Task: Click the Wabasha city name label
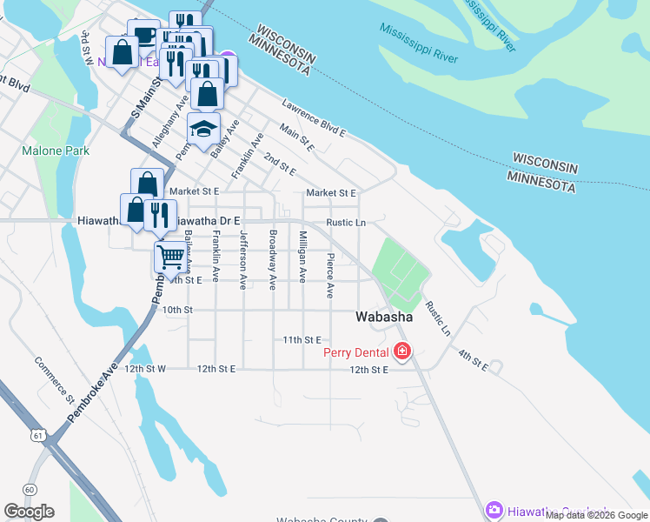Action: point(383,318)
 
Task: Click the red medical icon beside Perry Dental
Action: point(401,351)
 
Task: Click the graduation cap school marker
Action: point(203,130)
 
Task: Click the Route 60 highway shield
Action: point(30,489)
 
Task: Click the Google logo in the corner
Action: point(29,512)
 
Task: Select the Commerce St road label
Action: point(55,380)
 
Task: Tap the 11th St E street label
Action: point(302,339)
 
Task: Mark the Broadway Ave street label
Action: point(273,259)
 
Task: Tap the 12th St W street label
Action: point(144,369)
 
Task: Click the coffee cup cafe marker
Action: point(143,35)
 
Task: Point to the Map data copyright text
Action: point(596,515)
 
